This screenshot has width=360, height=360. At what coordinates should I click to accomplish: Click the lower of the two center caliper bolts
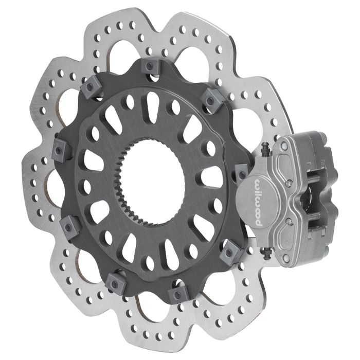pos(289,221)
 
